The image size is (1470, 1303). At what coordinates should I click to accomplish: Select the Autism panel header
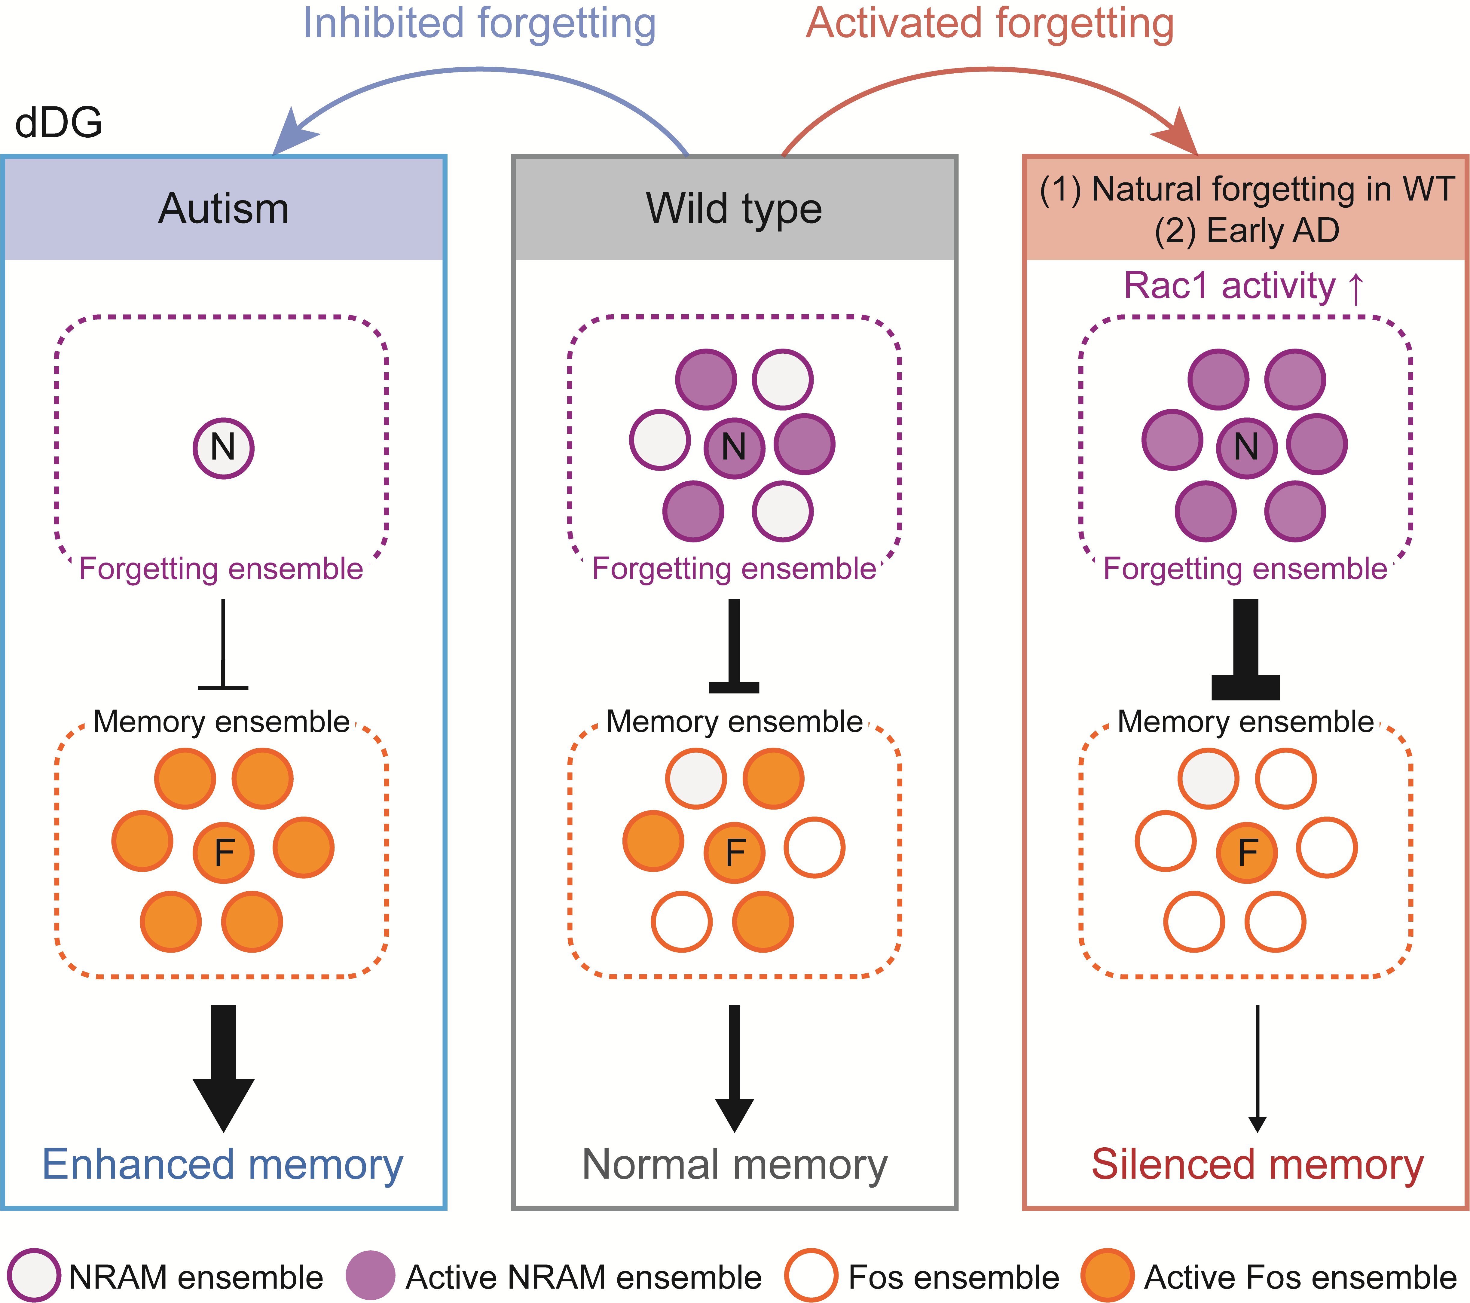tap(224, 209)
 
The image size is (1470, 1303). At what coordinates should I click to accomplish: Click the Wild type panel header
tap(734, 209)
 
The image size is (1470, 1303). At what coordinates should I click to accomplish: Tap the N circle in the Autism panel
tap(223, 448)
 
